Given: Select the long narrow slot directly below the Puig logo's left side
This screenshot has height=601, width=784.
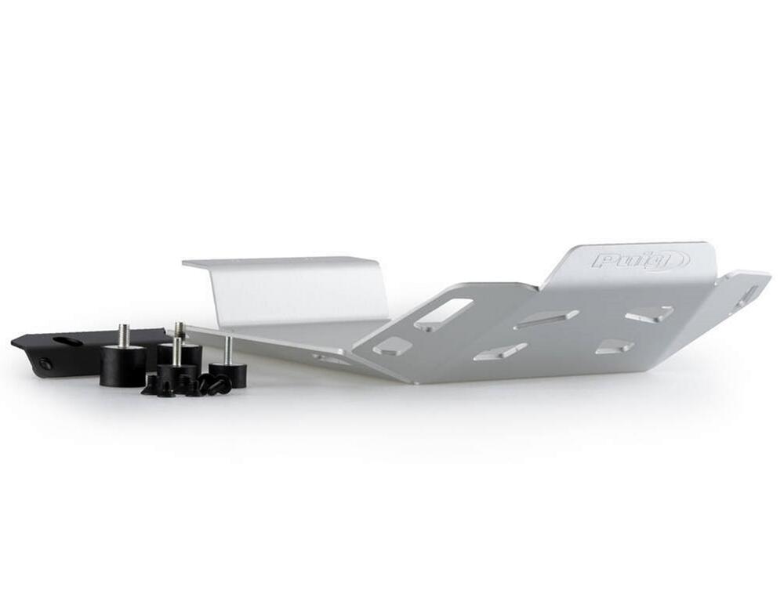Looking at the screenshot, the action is [x=548, y=319].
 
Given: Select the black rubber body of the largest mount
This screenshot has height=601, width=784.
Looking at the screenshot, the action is [x=123, y=364].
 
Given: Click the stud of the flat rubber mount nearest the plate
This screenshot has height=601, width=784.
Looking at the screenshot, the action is [x=227, y=350].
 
